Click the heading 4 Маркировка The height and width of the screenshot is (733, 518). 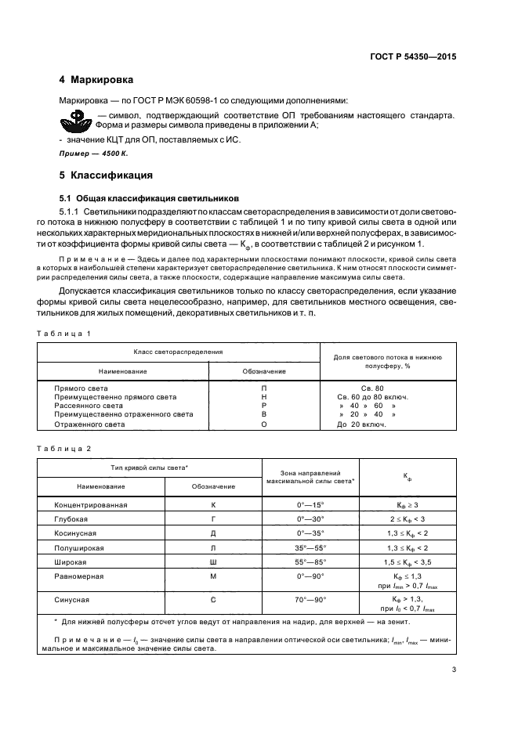coord(96,81)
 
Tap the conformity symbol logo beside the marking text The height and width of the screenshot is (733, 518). coord(77,120)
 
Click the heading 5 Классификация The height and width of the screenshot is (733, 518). coord(105,175)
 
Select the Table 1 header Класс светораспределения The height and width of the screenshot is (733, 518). coord(178,352)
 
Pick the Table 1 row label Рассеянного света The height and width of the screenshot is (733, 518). coord(88,406)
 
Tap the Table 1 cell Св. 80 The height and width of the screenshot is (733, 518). coord(372,388)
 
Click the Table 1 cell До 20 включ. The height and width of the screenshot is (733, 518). coord(361,424)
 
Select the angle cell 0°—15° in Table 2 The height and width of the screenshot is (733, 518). coord(310,504)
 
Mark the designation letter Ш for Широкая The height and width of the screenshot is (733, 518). coord(213,561)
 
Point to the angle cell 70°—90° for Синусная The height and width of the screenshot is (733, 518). coord(310,598)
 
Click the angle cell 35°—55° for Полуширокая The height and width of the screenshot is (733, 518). coord(310,547)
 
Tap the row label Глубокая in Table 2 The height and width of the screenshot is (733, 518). coord(71,518)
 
